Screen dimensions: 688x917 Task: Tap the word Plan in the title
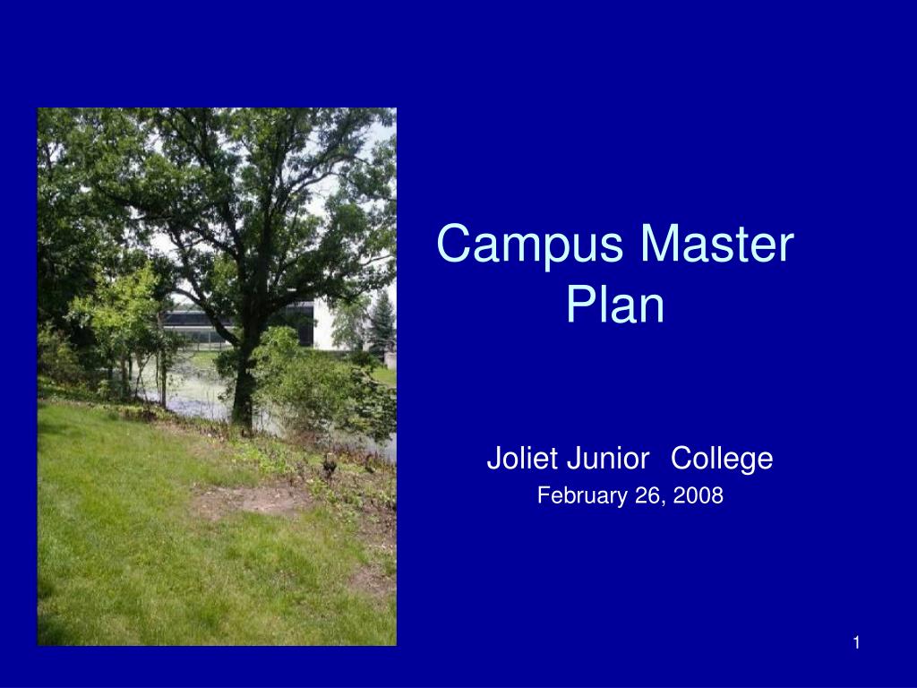coord(616,305)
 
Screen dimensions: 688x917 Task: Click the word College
coord(722,459)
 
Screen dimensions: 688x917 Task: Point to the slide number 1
coord(857,642)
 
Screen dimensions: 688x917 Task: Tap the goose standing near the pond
coord(330,464)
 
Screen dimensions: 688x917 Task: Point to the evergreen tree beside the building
coord(382,322)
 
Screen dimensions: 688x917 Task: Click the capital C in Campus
coord(455,245)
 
